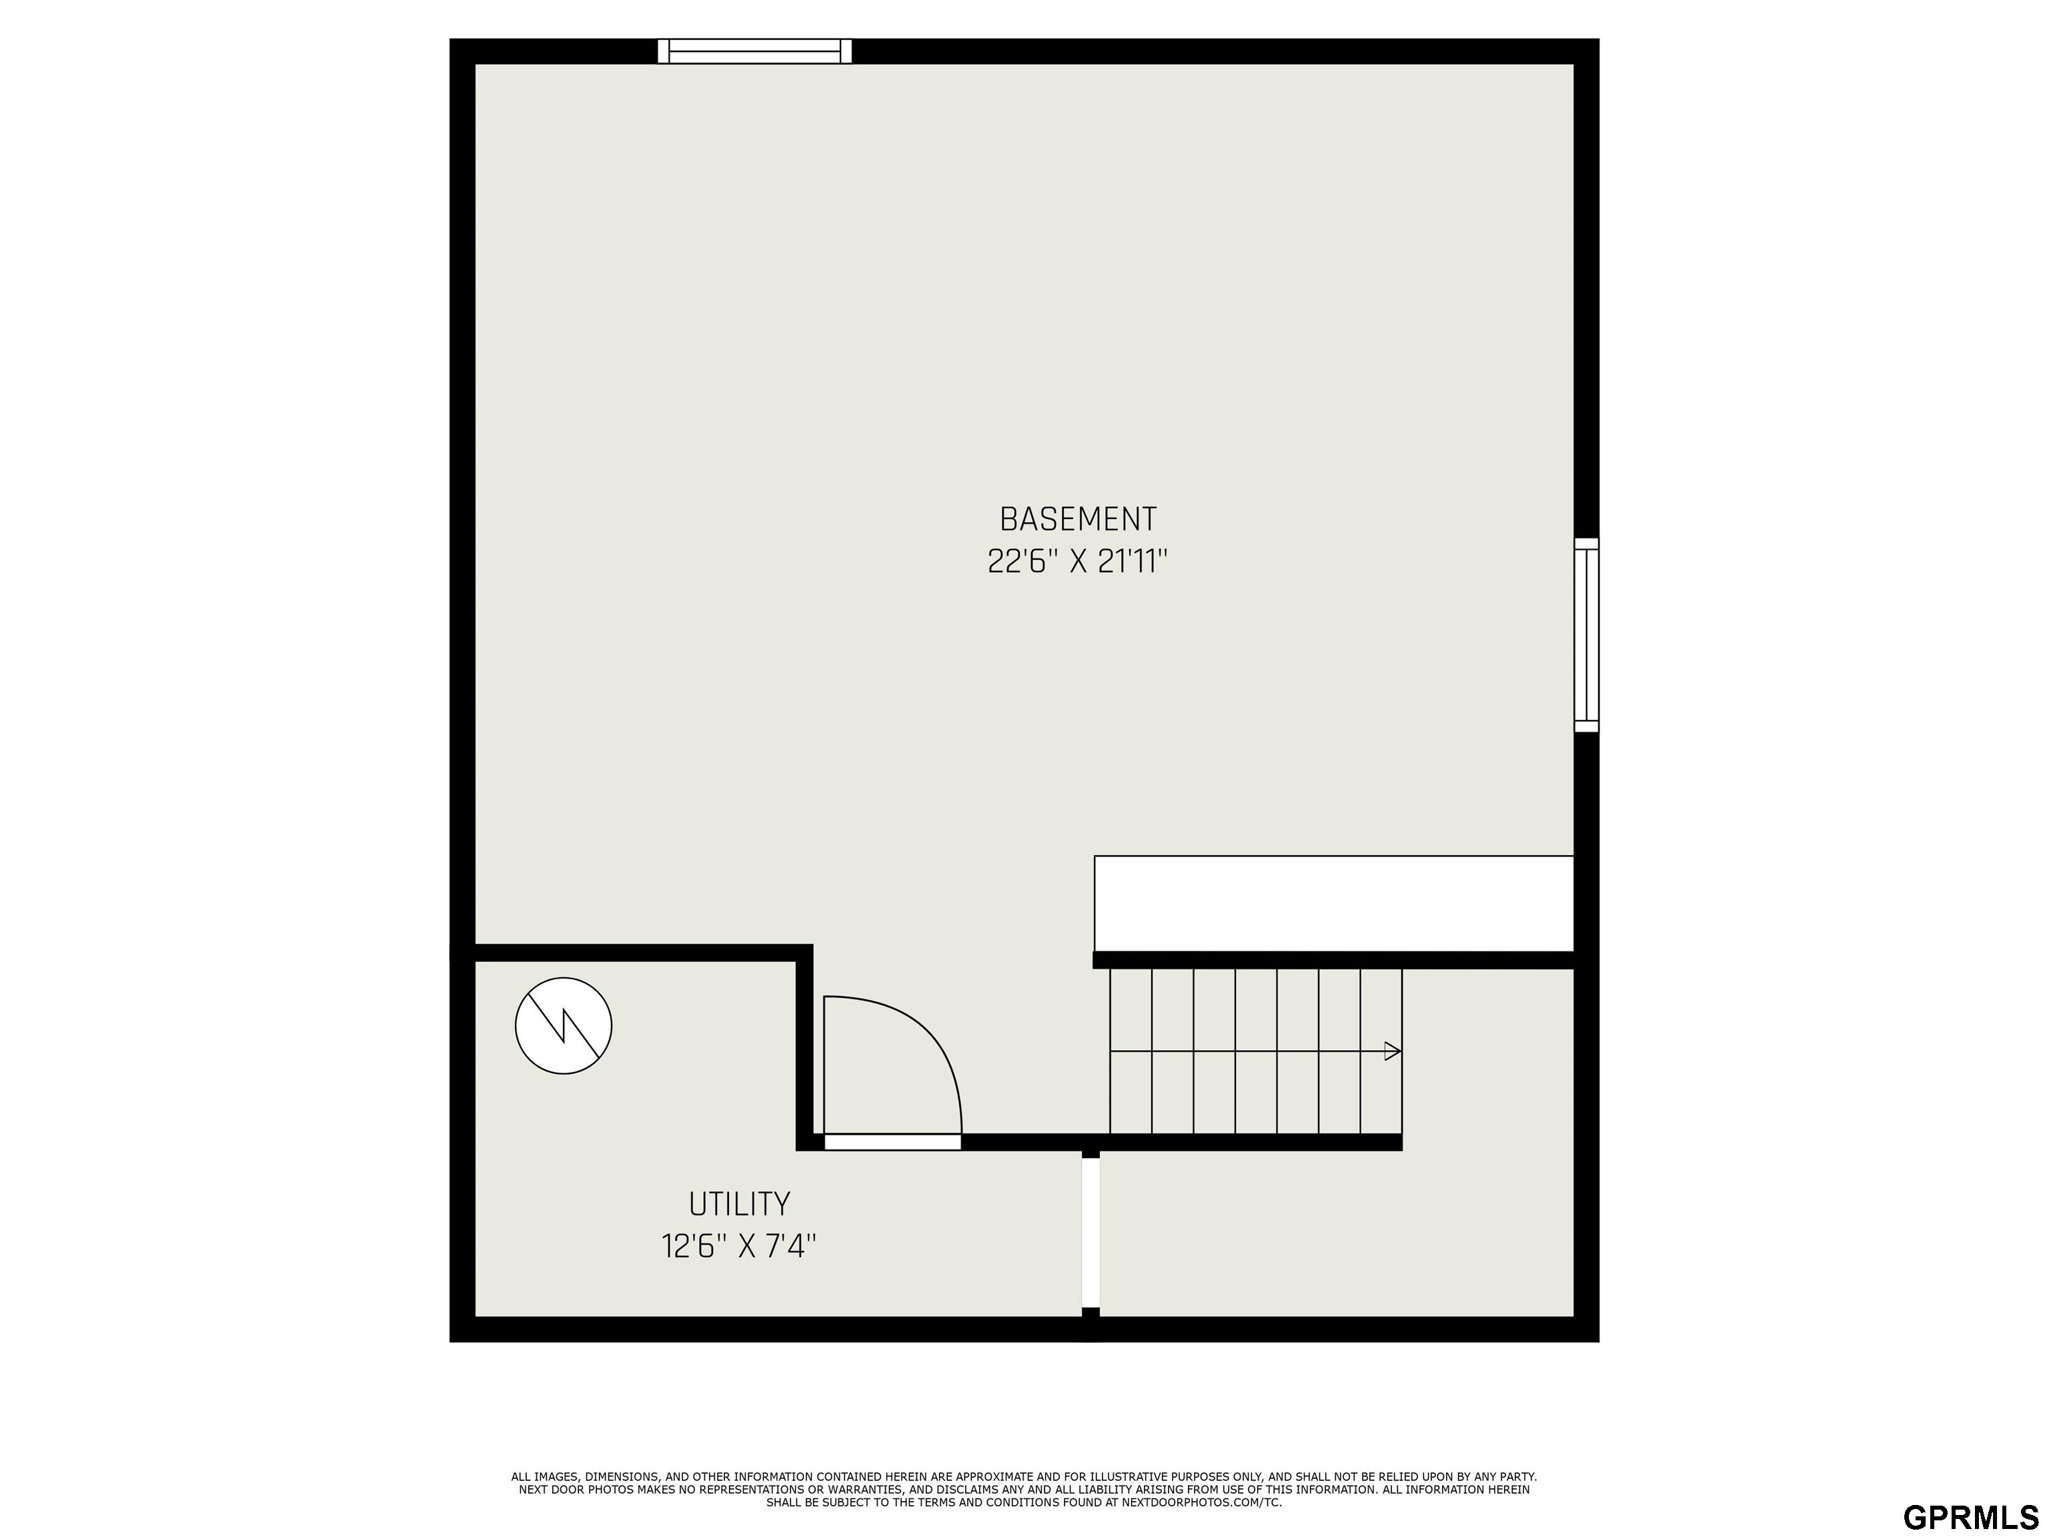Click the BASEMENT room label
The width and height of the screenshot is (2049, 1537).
(1079, 519)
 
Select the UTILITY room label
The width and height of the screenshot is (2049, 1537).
(739, 1204)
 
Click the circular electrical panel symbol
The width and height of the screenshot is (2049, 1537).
(563, 1025)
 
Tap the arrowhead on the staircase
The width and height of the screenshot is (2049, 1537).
(1392, 1051)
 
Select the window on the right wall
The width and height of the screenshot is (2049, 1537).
(1587, 634)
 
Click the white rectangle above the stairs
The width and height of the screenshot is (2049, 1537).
(1334, 903)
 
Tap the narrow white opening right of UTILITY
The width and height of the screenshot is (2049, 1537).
(1091, 1233)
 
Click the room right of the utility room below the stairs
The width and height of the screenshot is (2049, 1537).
(1337, 1232)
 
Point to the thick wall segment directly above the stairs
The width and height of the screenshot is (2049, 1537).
(1334, 960)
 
